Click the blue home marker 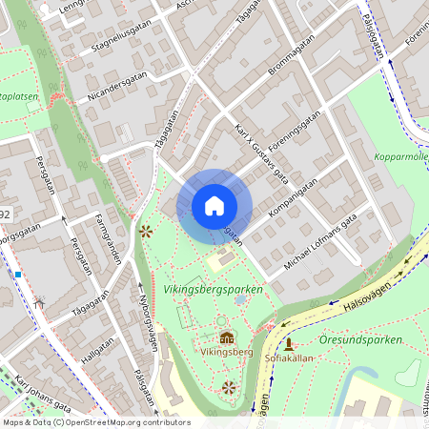pyautogui.click(x=214, y=205)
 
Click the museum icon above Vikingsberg pyautogui.click(x=227, y=337)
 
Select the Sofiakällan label pyautogui.click(x=289, y=357)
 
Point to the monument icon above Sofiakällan pyautogui.click(x=289, y=343)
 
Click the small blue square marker pyautogui.click(x=17, y=275)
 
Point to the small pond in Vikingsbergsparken pyautogui.click(x=239, y=299)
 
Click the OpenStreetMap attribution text pyautogui.click(x=95, y=422)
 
